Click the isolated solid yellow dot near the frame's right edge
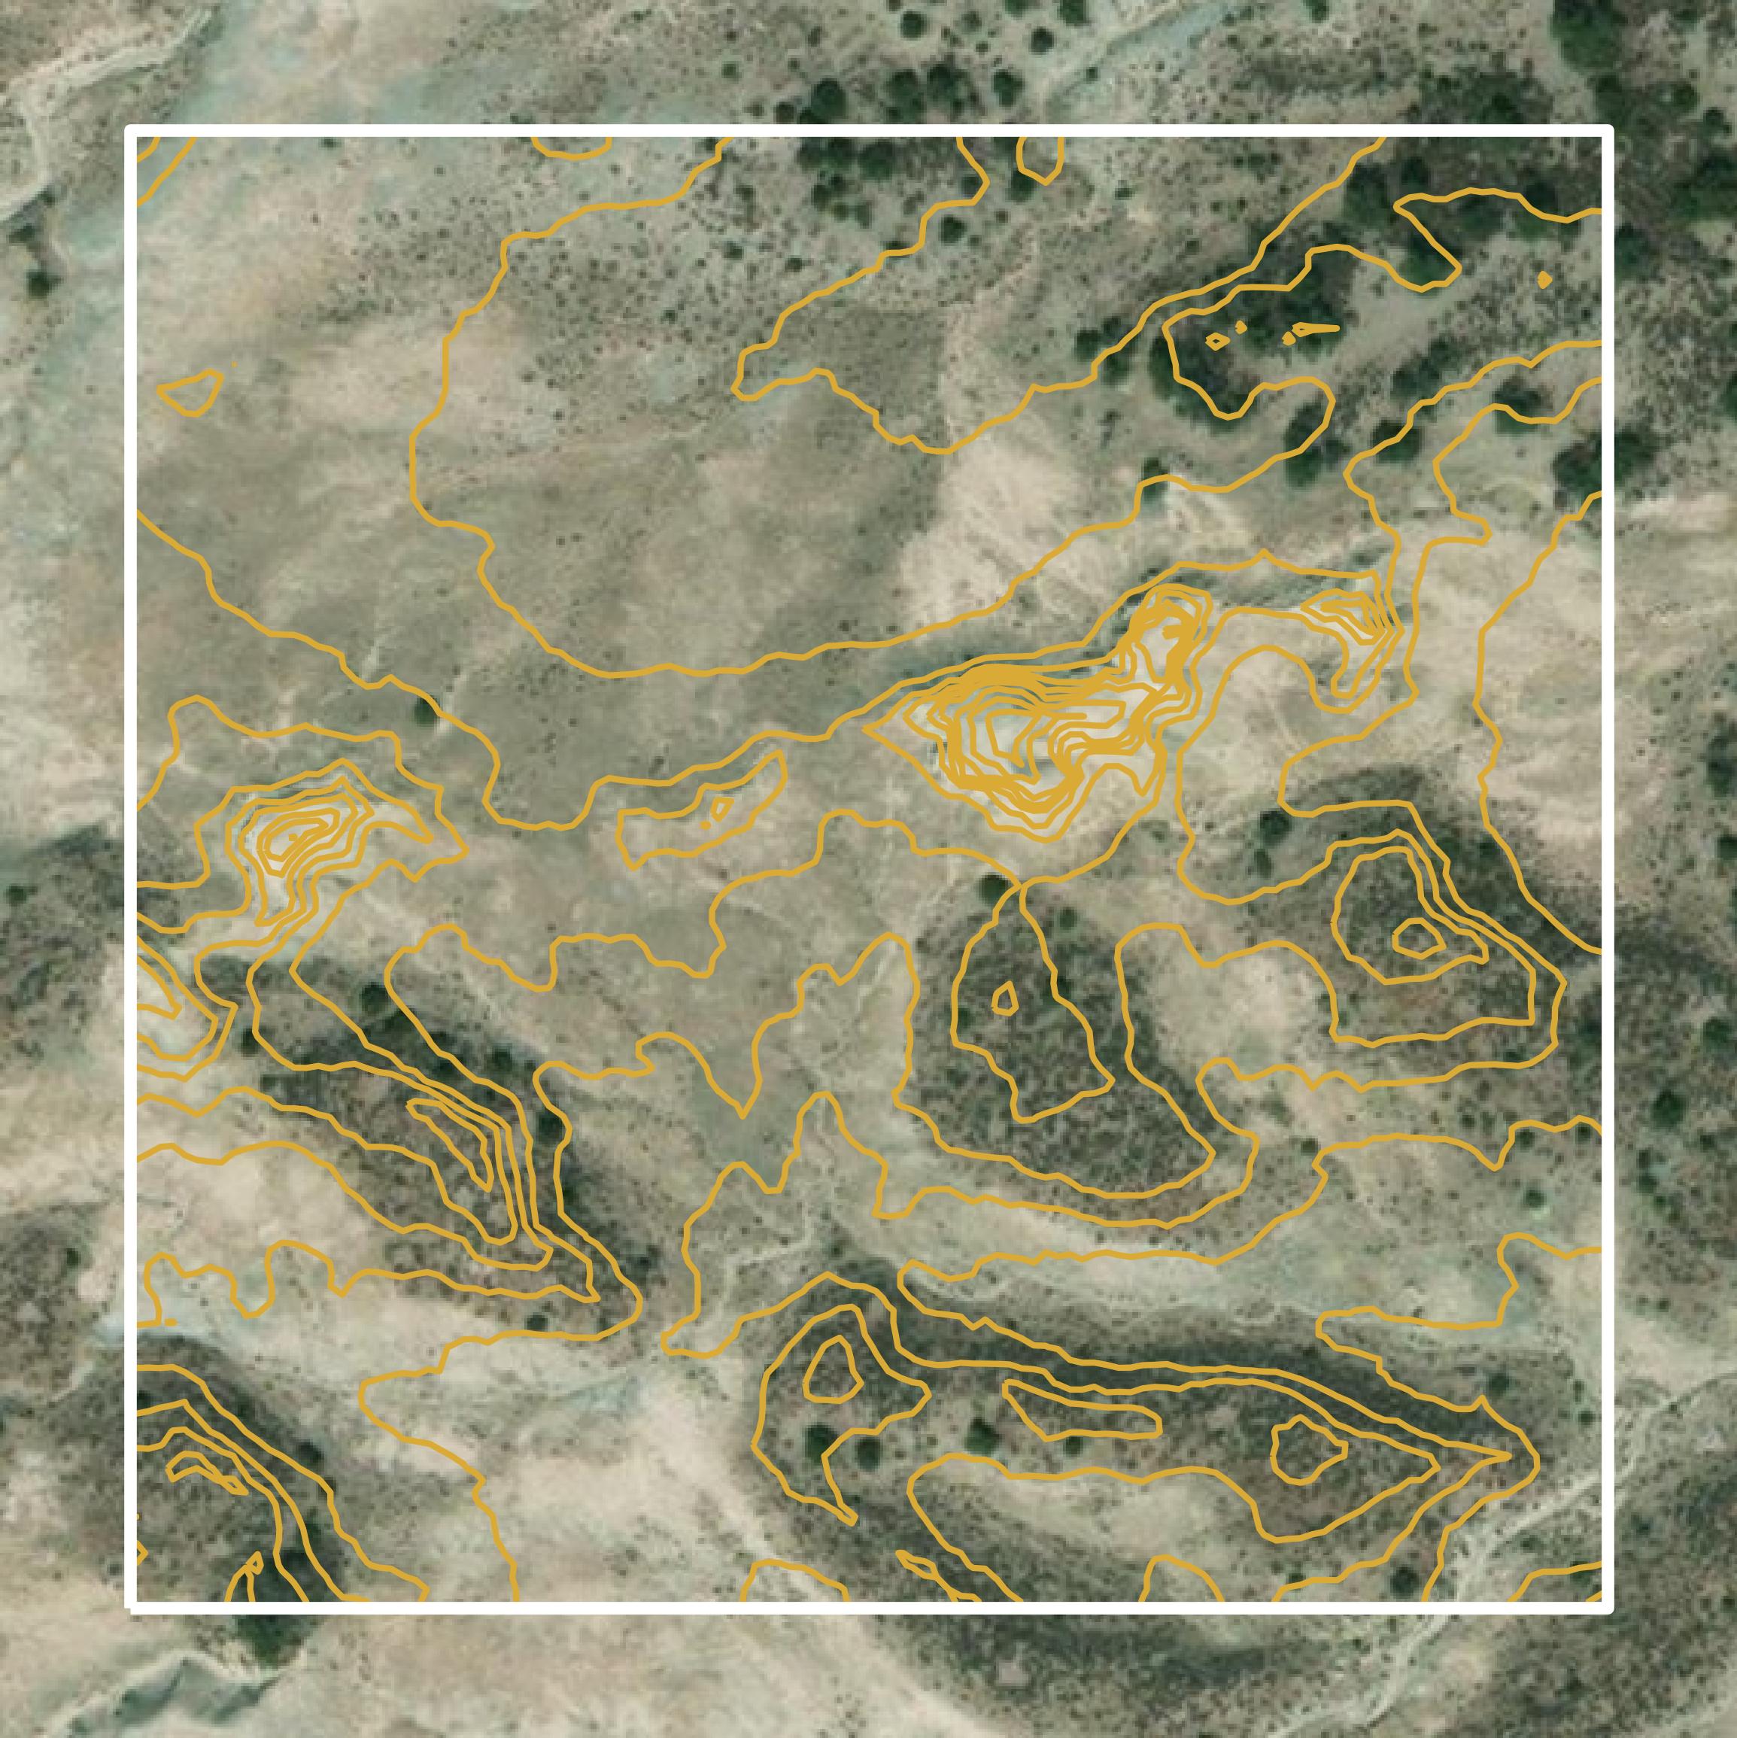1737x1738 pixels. tap(1544, 280)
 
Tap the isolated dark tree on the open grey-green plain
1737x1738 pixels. tap(424, 711)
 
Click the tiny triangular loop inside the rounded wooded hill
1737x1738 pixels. tap(1004, 998)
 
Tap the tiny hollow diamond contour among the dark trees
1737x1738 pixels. tap(1216, 342)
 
